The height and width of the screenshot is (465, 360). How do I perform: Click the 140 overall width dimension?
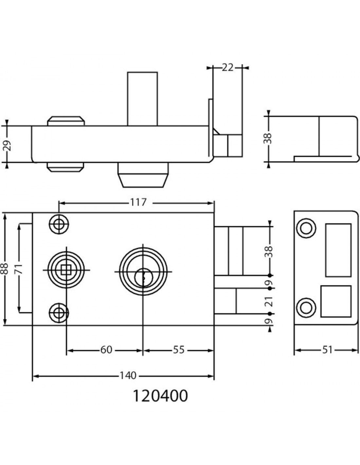(128, 375)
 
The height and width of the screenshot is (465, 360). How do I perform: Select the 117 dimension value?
(138, 202)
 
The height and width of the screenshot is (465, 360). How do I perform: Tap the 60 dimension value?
(106, 350)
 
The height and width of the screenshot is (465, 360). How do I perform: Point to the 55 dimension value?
(179, 350)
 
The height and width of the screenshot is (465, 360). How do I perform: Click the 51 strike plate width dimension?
(327, 350)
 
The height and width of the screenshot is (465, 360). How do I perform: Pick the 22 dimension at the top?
(227, 68)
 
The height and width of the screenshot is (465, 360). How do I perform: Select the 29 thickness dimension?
(7, 146)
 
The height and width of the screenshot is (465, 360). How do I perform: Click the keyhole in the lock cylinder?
(143, 278)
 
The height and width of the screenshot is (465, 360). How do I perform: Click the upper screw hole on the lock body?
(59, 225)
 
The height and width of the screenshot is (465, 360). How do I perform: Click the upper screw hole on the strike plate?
(306, 228)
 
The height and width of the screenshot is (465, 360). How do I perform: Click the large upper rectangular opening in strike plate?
(338, 250)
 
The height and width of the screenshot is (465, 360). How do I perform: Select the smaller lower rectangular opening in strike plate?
(336, 301)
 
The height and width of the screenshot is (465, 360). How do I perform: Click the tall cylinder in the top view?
(142, 99)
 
